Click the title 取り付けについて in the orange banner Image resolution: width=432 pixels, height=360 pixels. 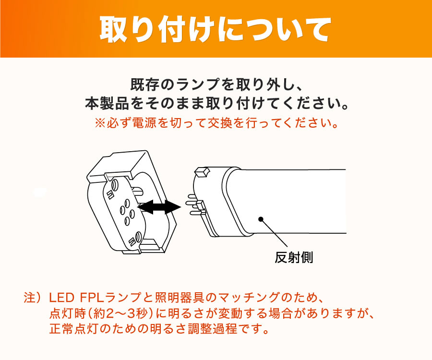[215, 29]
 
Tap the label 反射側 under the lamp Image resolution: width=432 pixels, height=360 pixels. [294, 258]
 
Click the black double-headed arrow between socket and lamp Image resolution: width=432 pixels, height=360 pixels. [159, 207]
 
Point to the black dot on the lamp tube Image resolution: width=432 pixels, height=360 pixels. [261, 219]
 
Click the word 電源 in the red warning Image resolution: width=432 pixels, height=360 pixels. [145, 123]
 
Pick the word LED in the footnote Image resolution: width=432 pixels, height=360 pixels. [61, 298]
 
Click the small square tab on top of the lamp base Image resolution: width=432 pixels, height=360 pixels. [202, 172]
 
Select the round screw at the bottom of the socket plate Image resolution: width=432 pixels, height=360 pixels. [138, 236]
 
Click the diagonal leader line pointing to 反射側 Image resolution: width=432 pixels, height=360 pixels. [275, 233]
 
